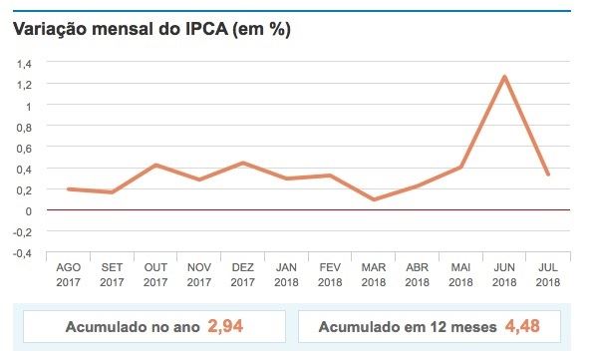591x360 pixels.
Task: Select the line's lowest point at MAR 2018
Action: point(374,199)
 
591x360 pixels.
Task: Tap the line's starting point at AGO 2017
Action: point(69,188)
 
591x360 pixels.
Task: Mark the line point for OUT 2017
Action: point(154,165)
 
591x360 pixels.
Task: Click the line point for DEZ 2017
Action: point(242,163)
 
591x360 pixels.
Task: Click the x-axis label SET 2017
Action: point(113,275)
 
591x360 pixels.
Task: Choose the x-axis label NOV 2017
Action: point(198,275)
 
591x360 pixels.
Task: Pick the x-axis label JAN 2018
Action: point(286,275)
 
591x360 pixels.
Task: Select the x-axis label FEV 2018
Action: point(330,275)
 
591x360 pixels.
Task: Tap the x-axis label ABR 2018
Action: point(417,275)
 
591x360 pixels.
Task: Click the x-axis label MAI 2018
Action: point(459,275)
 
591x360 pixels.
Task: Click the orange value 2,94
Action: point(226,325)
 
